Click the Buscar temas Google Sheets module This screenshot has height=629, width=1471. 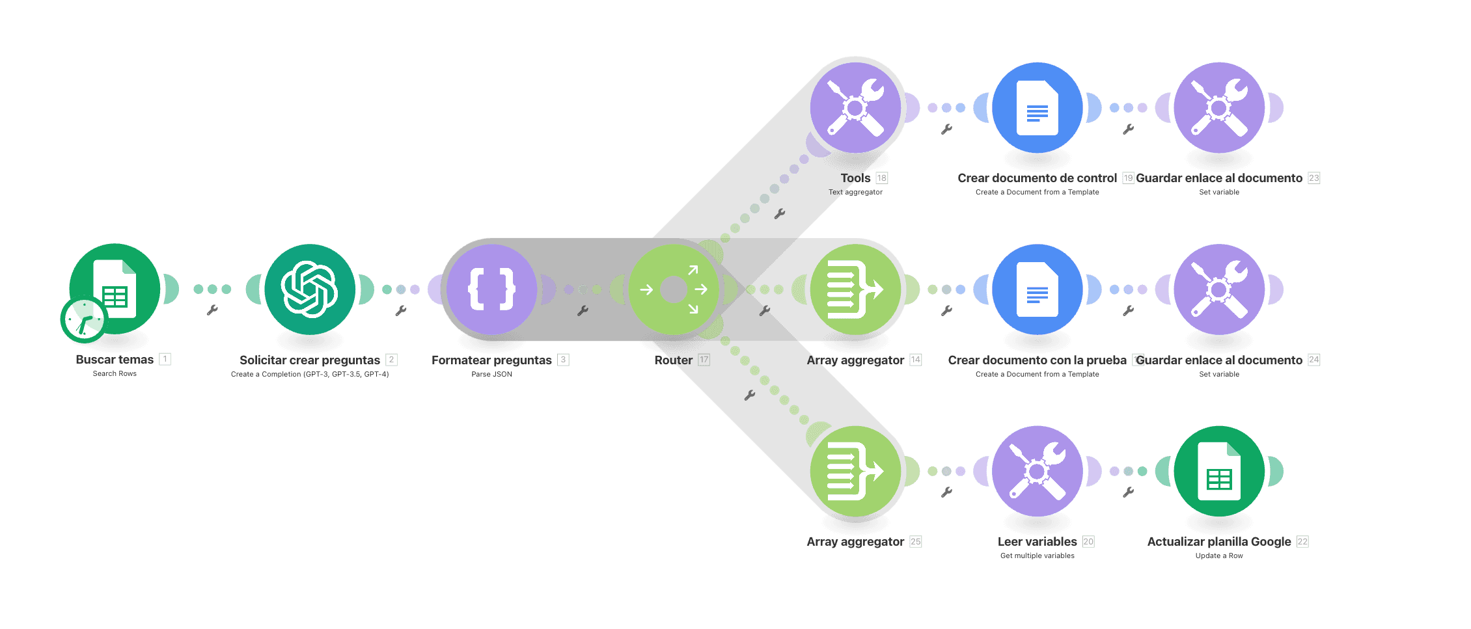115,289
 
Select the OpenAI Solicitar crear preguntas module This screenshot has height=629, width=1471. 310,289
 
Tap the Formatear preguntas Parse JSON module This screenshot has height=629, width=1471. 492,289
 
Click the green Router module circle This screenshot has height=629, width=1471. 674,289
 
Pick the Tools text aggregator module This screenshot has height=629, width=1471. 855,107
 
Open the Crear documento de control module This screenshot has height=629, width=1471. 1038,107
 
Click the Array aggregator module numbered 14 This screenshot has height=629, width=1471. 855,289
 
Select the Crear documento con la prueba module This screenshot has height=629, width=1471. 1038,289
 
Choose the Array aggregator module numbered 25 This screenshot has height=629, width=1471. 855,471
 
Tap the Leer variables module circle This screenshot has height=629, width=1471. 1038,471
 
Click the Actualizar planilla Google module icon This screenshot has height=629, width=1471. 1219,471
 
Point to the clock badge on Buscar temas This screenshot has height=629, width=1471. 83,320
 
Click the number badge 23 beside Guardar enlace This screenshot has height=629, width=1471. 1314,178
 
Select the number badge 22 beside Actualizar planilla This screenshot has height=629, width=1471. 1302,541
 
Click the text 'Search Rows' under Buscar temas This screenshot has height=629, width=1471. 115,373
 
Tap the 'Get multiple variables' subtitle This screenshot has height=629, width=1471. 1038,555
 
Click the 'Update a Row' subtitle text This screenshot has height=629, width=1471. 1219,555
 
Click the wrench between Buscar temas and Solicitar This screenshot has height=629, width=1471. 212,310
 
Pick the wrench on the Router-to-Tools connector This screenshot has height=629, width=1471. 780,213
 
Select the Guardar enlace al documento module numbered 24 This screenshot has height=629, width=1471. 1219,289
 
